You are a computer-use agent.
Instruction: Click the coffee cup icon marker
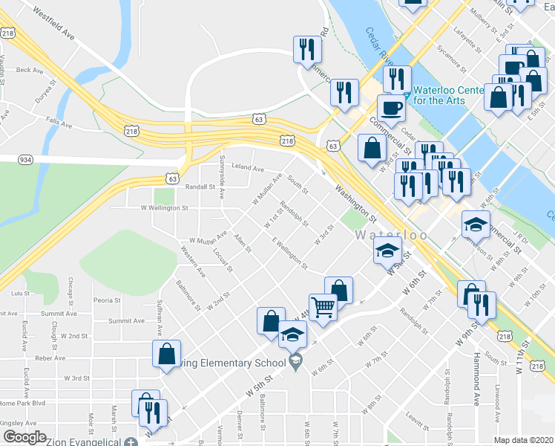point(391,108)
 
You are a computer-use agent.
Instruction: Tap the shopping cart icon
point(324,306)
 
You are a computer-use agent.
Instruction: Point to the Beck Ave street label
point(29,70)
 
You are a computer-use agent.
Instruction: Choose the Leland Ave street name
point(248,169)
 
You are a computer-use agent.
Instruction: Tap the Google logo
point(24,437)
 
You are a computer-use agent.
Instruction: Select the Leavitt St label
point(417,424)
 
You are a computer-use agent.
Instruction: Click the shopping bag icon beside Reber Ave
point(166,354)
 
